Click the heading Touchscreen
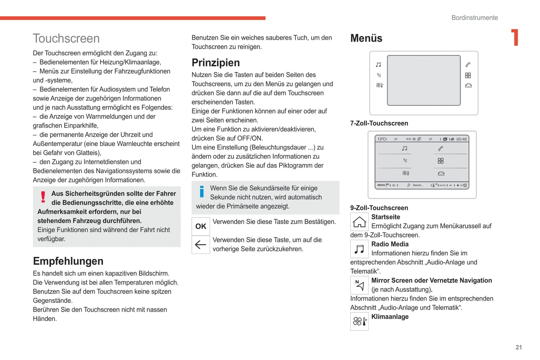coord(66,38)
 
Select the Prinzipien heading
coord(216,63)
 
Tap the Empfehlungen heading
coord(68,261)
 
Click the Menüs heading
coord(366,38)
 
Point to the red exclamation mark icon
coord(43,197)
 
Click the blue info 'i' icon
coord(202,191)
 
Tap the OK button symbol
coord(201,226)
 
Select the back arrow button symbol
coord(201,245)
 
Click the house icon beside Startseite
coord(360,222)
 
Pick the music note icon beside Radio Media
coord(360,249)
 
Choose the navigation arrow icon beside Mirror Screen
coord(360,285)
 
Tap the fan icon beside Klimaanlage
coord(360,322)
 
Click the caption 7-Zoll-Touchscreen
coord(379,123)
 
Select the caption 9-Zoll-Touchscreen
coord(379,208)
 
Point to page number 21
coord(519,347)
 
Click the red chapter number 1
coord(515,38)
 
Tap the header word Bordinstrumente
coord(475,18)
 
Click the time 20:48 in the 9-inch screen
coord(461,139)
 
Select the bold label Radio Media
coord(390,244)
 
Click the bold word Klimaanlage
coord(390,317)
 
